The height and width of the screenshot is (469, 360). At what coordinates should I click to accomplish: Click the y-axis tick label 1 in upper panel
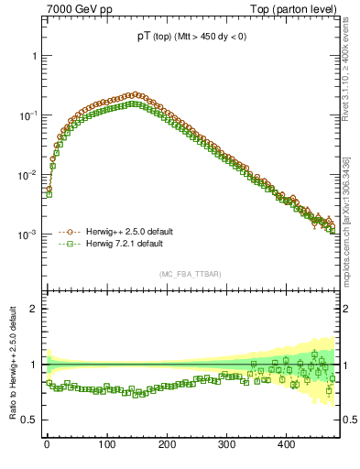33,56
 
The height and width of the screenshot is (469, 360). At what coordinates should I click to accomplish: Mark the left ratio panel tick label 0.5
29,420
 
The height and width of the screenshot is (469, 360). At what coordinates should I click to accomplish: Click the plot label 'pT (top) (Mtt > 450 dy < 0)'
191,37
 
